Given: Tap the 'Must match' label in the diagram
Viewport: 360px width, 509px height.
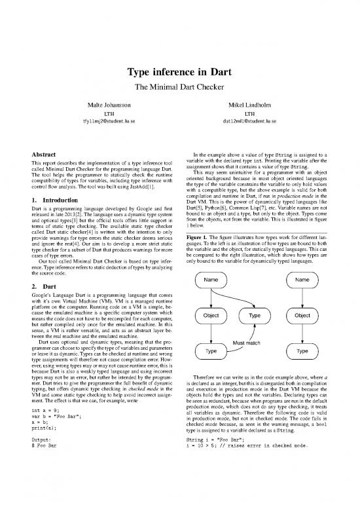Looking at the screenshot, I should (248, 342).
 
